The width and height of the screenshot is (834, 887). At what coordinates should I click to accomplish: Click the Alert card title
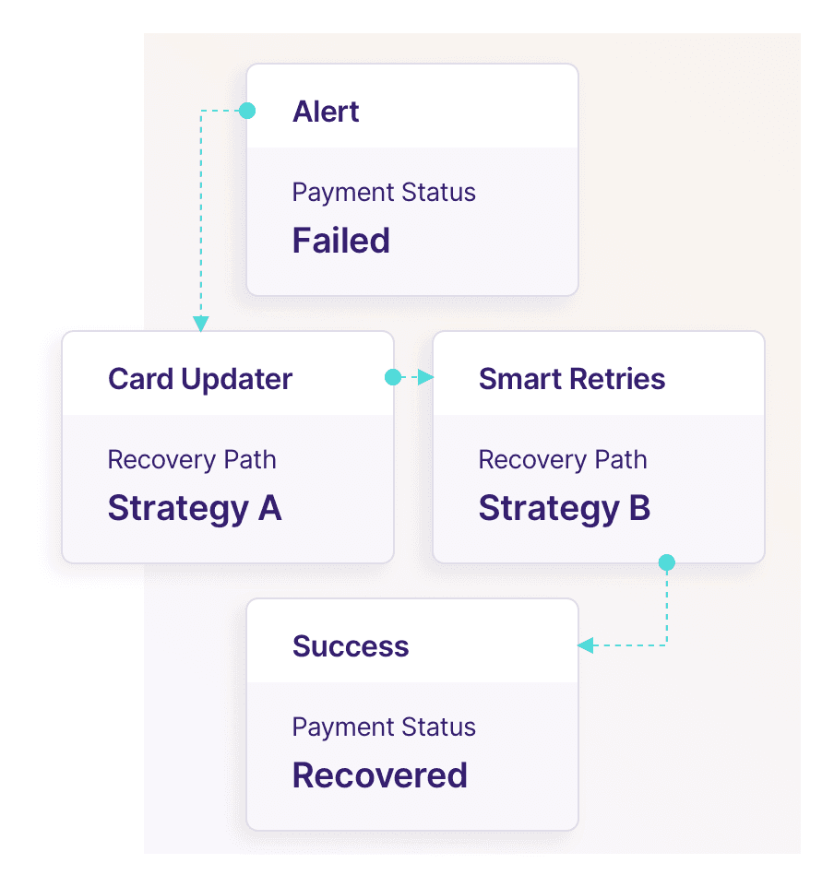(326, 112)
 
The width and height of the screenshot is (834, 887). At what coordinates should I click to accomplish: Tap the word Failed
(341, 241)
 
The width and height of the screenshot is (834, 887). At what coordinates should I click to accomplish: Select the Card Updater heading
(200, 379)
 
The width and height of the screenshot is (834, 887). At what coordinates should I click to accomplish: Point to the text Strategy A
(195, 508)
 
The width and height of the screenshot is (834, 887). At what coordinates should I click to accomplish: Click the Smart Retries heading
(572, 379)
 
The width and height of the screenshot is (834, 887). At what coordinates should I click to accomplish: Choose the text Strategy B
(565, 508)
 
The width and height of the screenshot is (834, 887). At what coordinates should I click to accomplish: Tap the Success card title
(351, 646)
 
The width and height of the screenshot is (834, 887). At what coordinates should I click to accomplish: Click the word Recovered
(380, 775)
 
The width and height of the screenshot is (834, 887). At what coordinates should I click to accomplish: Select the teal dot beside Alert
(246, 111)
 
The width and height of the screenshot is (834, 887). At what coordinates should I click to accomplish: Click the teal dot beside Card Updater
(393, 377)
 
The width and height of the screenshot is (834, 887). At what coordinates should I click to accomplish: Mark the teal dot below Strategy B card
(667, 562)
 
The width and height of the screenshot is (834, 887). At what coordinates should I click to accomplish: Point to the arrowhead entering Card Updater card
(200, 324)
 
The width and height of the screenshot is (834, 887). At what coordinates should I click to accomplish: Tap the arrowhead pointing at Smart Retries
(425, 377)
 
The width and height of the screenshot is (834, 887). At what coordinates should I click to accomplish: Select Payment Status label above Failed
(384, 193)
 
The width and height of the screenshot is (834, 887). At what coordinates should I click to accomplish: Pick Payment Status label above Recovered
(384, 727)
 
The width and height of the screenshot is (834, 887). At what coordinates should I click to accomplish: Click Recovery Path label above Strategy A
(192, 459)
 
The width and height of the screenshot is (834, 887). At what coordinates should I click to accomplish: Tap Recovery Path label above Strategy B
(563, 459)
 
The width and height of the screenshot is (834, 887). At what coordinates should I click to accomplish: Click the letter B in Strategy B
(639, 508)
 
